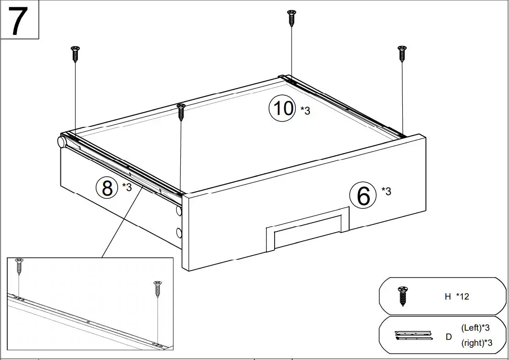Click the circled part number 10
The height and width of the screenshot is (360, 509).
point(282,109)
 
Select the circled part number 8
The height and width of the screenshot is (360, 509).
point(108,188)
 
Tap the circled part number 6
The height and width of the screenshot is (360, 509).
point(363,196)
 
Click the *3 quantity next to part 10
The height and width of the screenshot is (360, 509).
point(305,110)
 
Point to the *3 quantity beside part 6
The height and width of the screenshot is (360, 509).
point(386,191)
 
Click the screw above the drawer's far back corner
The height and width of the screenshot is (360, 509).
point(291,18)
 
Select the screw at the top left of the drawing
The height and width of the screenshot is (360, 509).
point(76,54)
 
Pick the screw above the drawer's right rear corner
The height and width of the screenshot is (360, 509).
point(402,54)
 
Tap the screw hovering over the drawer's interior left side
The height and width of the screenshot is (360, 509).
point(181,111)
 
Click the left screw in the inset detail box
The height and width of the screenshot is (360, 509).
point(19,266)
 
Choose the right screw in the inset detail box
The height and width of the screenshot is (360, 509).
point(157,289)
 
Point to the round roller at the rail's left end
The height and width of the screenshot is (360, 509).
point(62,141)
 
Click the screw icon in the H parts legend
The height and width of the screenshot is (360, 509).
point(403,296)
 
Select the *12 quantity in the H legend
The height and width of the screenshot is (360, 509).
point(462,296)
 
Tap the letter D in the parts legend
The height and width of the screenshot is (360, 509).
point(449,337)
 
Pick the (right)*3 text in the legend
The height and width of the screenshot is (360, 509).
point(477,343)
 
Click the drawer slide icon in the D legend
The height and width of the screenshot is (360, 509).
point(413,335)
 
